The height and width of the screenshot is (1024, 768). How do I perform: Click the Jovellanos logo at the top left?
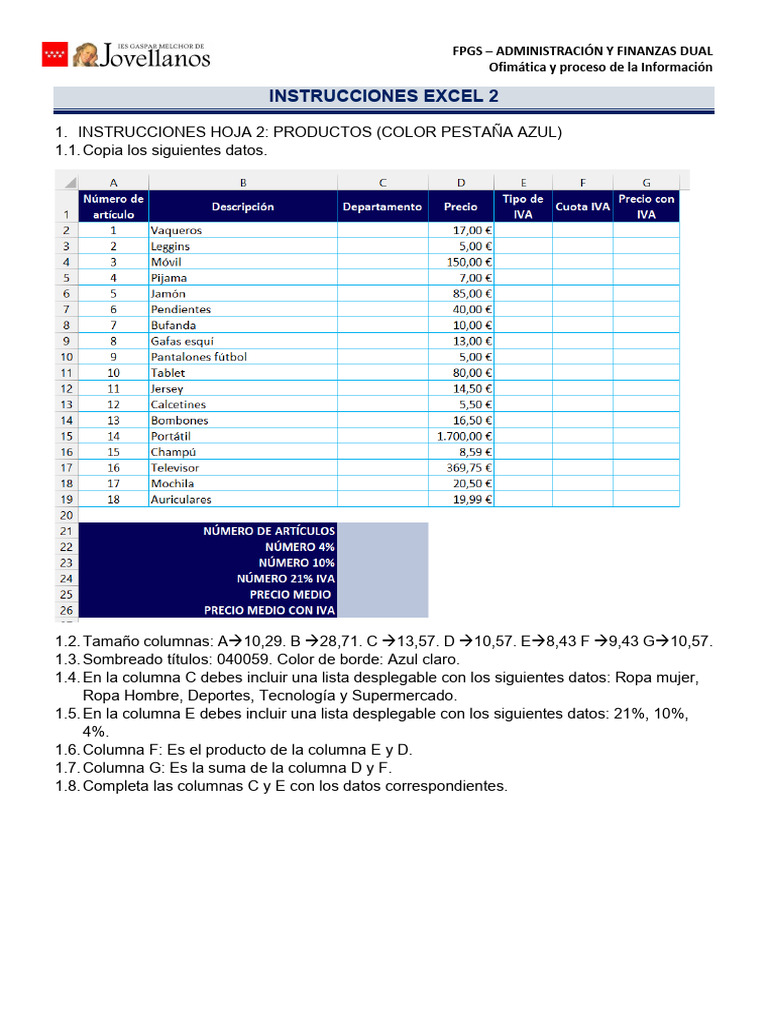(x=126, y=54)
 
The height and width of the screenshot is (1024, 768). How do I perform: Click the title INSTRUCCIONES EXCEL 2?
(x=384, y=96)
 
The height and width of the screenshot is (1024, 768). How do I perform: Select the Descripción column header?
(x=243, y=206)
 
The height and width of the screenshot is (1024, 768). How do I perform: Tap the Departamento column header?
(x=382, y=206)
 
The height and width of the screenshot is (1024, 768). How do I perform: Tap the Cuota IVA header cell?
(x=582, y=206)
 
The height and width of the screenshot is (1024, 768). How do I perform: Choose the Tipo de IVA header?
(x=522, y=206)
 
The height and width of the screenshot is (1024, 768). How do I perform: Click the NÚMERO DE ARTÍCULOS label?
(x=269, y=531)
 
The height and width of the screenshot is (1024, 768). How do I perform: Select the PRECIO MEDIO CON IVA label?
(x=270, y=610)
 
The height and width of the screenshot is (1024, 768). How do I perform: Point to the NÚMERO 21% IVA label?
(x=285, y=578)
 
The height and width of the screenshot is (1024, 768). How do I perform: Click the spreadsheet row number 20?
(x=66, y=515)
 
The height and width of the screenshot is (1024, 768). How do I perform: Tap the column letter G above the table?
(x=646, y=182)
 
